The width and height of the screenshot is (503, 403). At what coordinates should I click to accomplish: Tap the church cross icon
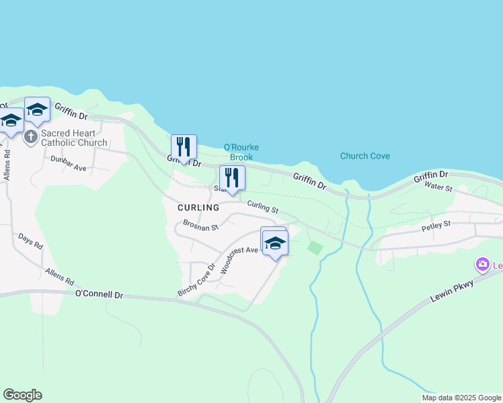coord(30,137)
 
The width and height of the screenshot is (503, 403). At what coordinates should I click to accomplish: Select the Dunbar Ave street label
coord(69,164)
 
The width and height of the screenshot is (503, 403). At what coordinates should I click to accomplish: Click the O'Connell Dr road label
coord(100,294)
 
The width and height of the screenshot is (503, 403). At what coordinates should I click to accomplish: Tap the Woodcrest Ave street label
coord(239,259)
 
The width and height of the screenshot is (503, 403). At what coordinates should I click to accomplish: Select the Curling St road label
coord(262,208)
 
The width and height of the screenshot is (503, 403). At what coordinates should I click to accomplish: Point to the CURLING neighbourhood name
coord(198,208)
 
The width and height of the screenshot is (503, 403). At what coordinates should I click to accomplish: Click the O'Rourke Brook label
coord(241,152)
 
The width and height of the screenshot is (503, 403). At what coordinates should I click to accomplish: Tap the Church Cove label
coord(364,156)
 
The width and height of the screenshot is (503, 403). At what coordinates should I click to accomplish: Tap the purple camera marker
coord(482,265)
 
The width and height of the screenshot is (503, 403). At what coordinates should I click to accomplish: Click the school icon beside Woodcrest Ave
coord(275,242)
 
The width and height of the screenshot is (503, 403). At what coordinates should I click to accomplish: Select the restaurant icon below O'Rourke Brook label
coord(232,178)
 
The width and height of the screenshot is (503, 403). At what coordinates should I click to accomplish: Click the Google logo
coord(22,395)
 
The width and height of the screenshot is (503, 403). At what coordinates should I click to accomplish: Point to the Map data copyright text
coord(461,398)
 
